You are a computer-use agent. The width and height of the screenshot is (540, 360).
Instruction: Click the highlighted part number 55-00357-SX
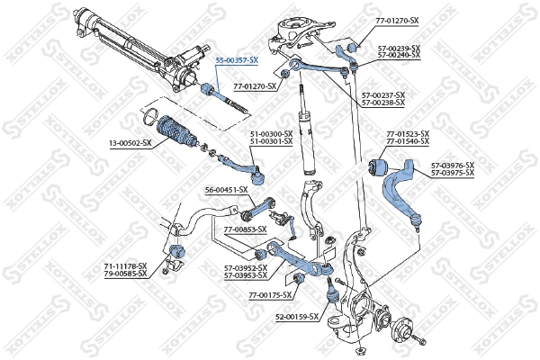pyautogui.click(x=236, y=59)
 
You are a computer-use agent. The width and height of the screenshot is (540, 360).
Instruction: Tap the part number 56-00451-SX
pyautogui.click(x=225, y=191)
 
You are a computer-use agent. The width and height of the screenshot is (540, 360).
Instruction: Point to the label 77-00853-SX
pyautogui.click(x=245, y=230)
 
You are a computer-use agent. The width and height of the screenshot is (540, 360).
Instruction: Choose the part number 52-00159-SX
pyautogui.click(x=298, y=317)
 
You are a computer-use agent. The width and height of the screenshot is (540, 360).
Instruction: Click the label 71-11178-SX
pyautogui.click(x=124, y=266)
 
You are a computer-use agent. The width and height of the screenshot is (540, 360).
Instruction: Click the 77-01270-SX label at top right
pyautogui.click(x=391, y=18)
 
